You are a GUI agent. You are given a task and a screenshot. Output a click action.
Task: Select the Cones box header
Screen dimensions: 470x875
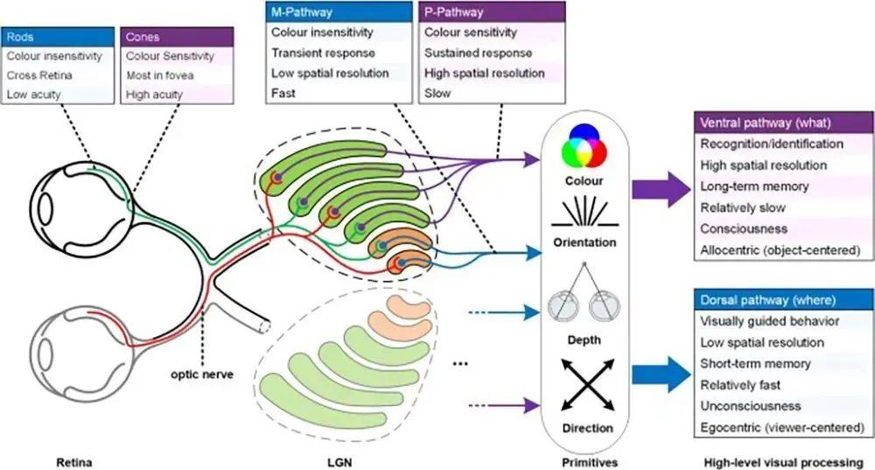178,37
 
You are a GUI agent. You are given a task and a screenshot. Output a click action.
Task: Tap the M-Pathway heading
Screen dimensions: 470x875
339,12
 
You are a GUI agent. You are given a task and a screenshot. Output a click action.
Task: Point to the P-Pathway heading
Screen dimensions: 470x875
491,12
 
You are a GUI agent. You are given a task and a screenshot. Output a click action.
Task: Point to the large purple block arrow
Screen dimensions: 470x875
661,187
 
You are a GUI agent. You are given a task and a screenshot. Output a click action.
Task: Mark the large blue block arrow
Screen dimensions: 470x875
661,375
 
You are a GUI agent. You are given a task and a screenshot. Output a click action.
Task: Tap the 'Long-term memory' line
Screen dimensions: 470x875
754,186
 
